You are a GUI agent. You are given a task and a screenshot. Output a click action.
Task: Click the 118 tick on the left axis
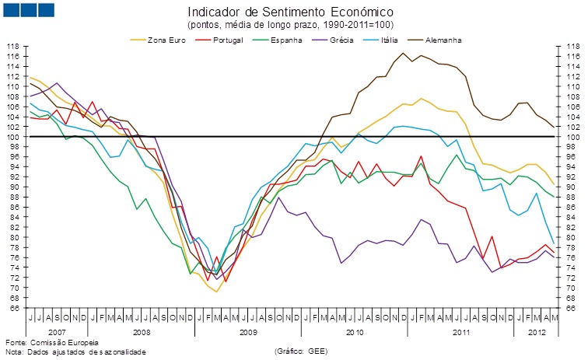click(13, 47)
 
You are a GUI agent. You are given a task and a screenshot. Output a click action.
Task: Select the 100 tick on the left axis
click(13, 137)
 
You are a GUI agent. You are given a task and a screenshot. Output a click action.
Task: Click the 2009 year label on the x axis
click(248, 332)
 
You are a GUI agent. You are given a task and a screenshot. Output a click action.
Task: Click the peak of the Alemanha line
click(403, 53)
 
